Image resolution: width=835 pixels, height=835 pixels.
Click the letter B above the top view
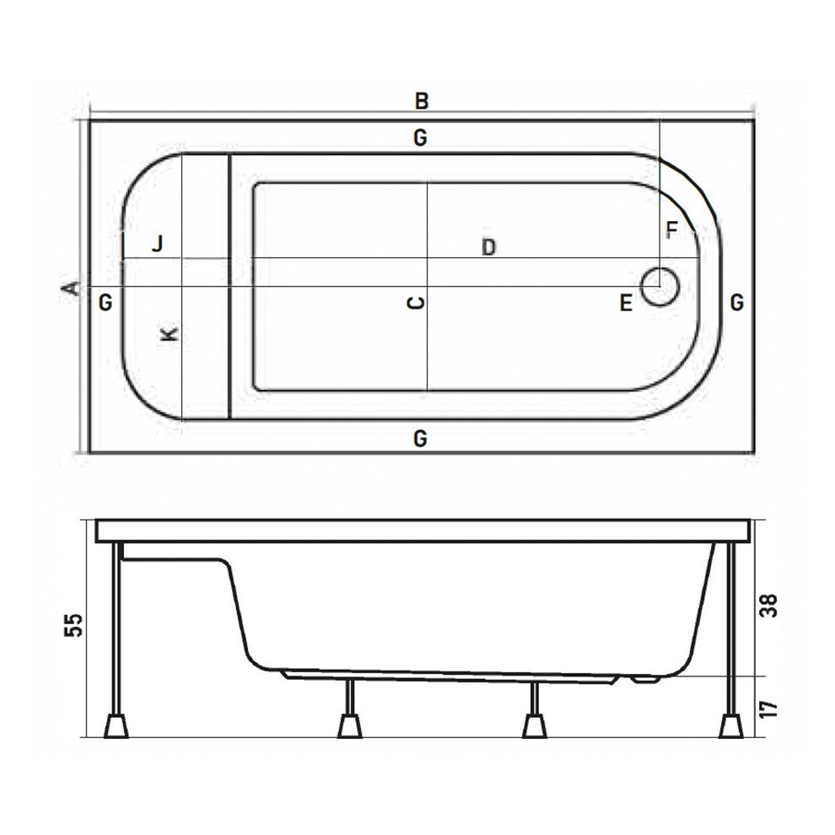pos(421,101)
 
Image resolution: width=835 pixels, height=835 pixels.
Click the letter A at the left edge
pos(73,288)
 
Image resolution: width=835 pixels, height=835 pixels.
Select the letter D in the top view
pos(488,248)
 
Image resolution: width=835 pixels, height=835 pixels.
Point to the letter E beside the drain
pos(625,304)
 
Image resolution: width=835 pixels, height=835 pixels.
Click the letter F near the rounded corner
pos(671,230)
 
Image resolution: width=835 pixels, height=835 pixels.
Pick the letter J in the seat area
pos(157,245)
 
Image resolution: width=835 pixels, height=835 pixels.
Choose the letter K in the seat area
pos(170,334)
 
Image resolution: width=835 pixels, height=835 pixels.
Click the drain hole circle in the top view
pos(660,287)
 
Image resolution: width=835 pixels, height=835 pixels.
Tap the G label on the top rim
pos(420,137)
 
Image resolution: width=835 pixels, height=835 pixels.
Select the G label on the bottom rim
pos(420,439)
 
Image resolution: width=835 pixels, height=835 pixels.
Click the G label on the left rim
pos(105,302)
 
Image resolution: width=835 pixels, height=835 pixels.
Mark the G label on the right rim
pos(736,302)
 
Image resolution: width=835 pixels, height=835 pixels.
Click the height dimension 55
pos(75,625)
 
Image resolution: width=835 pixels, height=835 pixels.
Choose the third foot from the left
pos(533,725)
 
